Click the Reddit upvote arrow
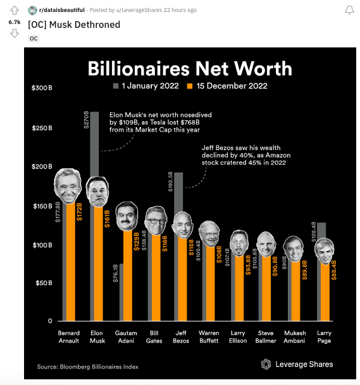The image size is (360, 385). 15,10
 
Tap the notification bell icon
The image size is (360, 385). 349,10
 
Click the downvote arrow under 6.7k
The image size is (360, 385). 15,33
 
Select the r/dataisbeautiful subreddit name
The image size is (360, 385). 61,10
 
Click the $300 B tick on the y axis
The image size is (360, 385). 42,88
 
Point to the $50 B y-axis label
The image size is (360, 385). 44,283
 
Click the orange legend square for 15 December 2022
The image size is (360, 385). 190,86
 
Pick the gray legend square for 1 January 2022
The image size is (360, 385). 116,86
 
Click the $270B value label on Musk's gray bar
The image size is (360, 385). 86,120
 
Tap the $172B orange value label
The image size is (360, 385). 79,212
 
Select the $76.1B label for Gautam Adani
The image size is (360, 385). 115,273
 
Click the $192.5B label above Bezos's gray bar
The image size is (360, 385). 170,181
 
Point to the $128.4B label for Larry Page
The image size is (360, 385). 314,232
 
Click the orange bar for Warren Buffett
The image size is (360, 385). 210,283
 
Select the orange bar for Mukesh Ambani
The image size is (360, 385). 295,291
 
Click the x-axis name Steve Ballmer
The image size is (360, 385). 266,337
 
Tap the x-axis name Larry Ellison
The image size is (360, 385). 238,337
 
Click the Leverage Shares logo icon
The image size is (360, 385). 266,364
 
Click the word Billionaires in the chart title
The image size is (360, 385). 139,68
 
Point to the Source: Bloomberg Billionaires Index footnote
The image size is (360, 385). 88,367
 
